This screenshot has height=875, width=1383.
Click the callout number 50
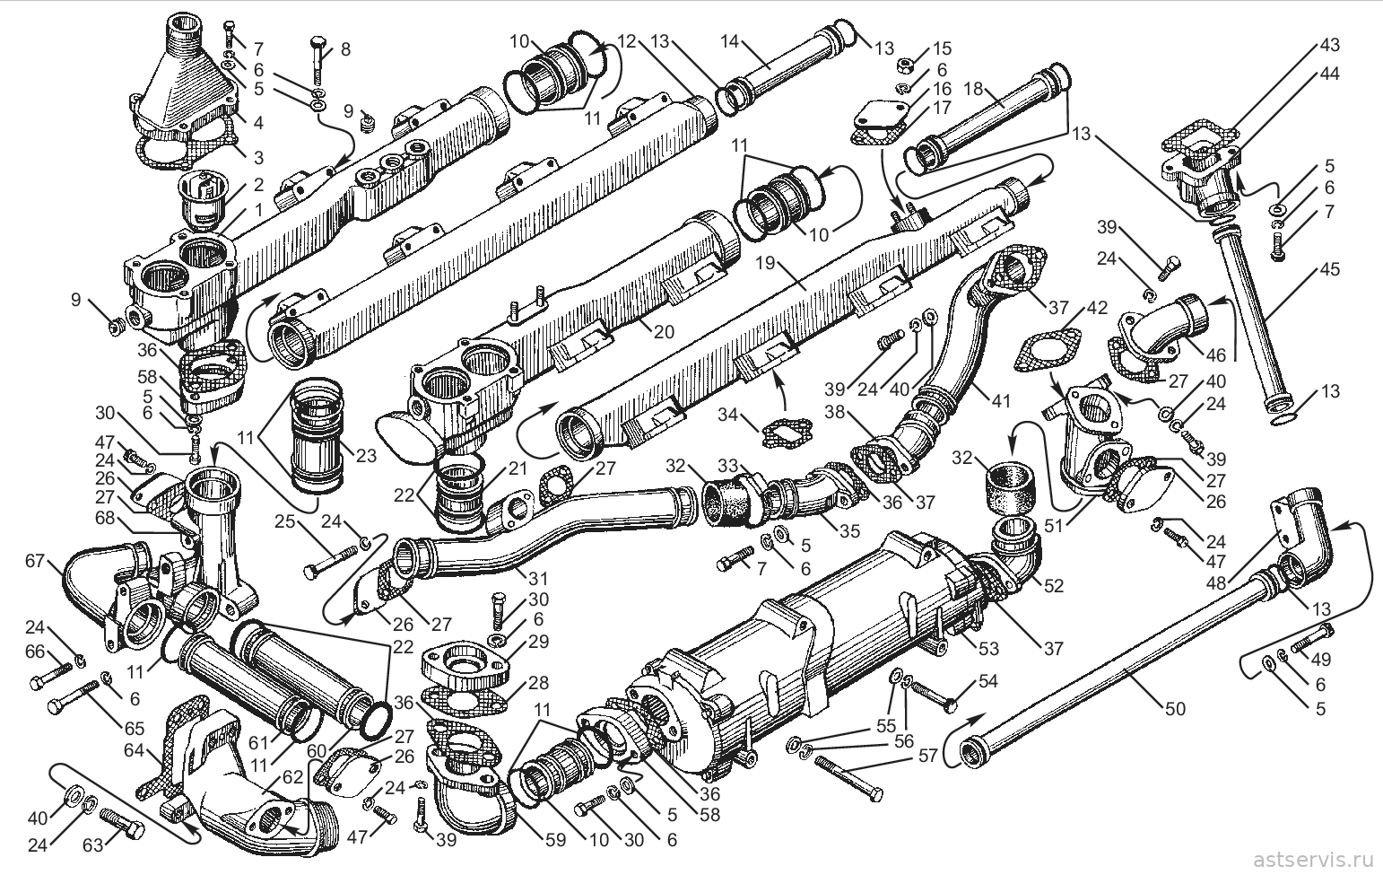(x=1175, y=708)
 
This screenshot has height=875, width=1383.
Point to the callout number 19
(x=764, y=263)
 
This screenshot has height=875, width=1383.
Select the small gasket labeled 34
(x=785, y=433)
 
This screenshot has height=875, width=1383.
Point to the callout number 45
(x=1329, y=269)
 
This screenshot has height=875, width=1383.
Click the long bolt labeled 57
(x=848, y=777)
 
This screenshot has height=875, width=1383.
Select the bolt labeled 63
(x=122, y=822)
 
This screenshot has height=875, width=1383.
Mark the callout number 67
(x=35, y=561)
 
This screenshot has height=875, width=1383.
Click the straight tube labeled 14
(x=784, y=66)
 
